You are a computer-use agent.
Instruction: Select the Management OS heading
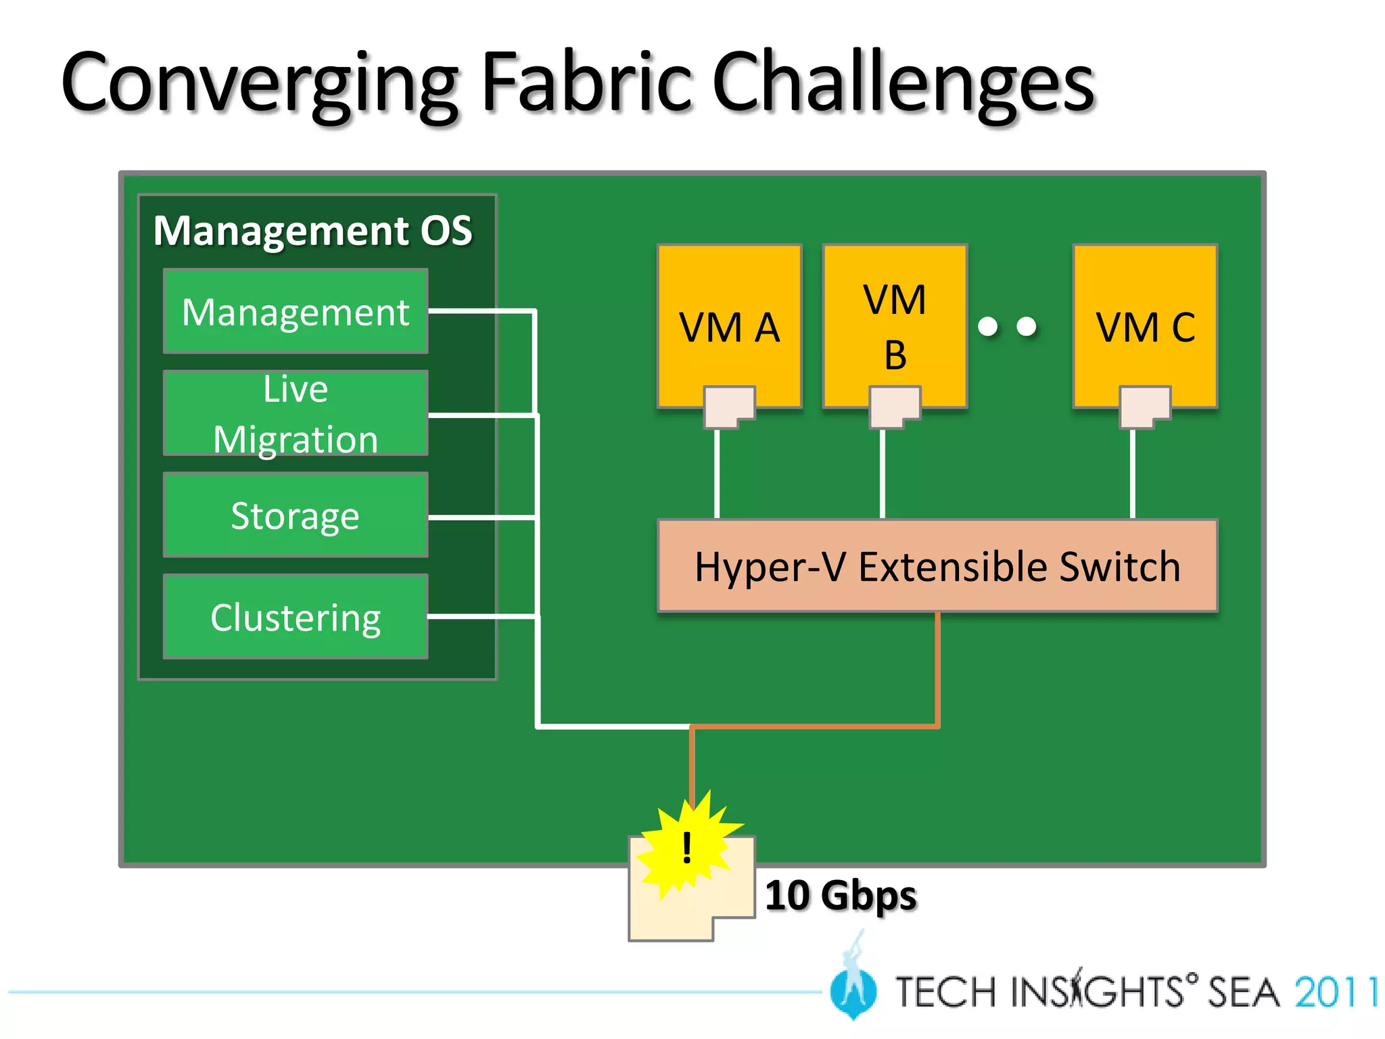click(x=312, y=231)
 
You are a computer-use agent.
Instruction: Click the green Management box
click(x=296, y=312)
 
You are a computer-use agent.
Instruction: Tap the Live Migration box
click(x=296, y=413)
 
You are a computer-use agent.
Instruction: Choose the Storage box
click(x=296, y=515)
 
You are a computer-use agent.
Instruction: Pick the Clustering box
click(x=296, y=617)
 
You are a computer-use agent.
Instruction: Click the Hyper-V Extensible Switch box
click(x=937, y=566)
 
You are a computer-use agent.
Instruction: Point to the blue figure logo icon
click(x=853, y=988)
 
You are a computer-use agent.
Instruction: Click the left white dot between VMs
click(x=988, y=327)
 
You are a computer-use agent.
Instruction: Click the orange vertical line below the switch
click(x=937, y=670)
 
